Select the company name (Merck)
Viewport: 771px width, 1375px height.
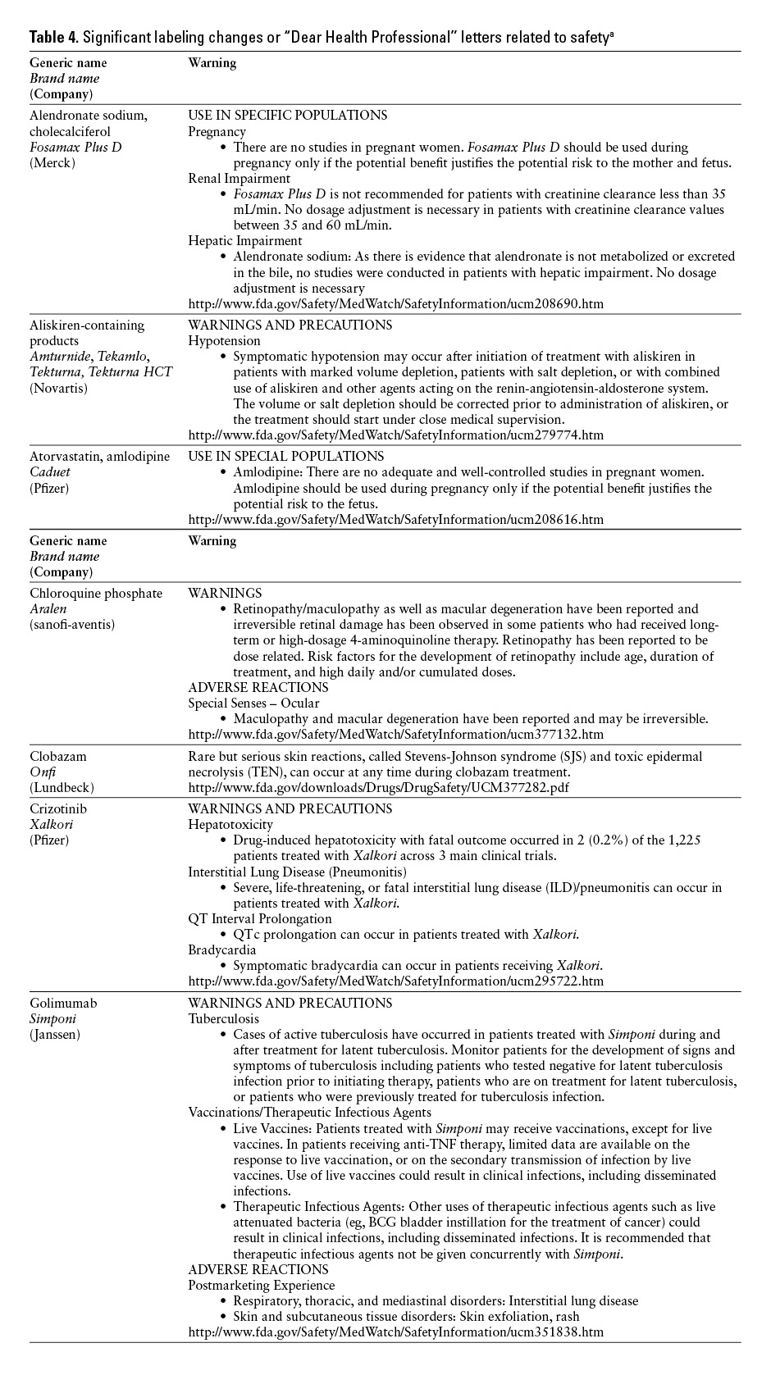coord(52,162)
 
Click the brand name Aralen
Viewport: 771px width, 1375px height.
coord(48,609)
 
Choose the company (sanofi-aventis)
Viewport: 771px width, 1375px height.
coord(72,625)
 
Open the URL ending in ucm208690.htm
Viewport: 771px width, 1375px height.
coord(395,303)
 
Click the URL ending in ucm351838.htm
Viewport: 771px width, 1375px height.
coord(395,1332)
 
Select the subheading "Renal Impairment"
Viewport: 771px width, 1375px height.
coord(239,178)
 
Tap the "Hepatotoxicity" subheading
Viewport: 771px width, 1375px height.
coord(230,824)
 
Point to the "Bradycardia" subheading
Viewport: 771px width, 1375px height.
coord(221,949)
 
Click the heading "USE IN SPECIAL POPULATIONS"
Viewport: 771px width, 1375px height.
coord(285,456)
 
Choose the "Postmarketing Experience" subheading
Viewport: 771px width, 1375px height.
coord(261,1285)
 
